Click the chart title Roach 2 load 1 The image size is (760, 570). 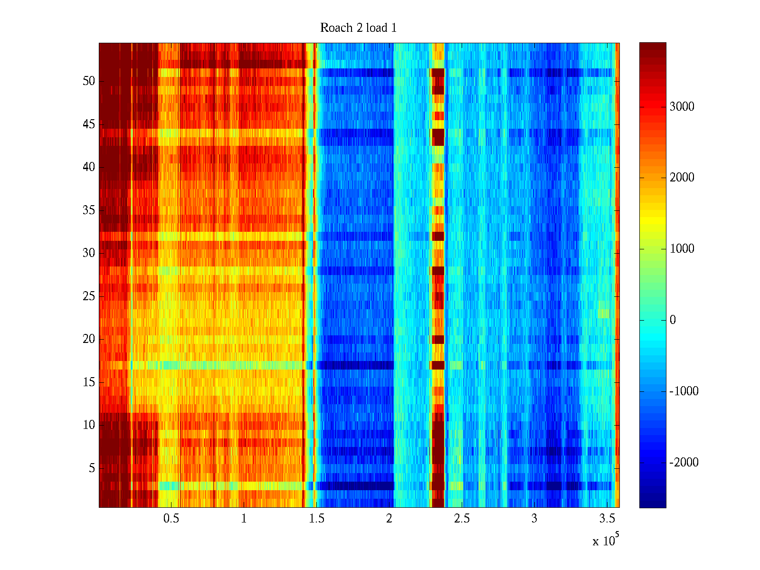(358, 28)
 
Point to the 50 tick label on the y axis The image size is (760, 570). (89, 81)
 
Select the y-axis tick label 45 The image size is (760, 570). (89, 124)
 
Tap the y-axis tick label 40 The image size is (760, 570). (89, 167)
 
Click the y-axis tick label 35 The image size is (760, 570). (89, 210)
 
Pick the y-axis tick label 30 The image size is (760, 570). (89, 253)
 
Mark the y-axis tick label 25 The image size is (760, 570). (89, 296)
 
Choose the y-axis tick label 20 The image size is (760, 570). (89, 339)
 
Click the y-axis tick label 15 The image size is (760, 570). (89, 382)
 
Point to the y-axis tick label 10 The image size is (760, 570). (89, 425)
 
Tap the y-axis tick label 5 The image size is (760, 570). (92, 468)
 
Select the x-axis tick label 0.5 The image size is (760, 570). (171, 519)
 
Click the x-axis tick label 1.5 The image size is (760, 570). (316, 519)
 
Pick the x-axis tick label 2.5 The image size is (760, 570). (462, 519)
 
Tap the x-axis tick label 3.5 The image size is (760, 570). (607, 519)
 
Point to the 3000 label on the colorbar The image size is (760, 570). (682, 107)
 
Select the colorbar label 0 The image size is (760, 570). (673, 320)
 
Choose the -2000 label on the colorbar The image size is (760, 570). (684, 463)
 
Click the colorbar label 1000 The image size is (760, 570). (682, 249)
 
